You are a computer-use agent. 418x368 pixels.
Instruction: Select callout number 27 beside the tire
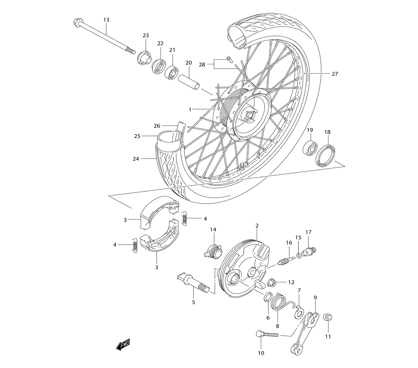(334, 74)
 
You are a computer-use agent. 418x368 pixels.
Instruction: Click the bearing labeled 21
(172, 72)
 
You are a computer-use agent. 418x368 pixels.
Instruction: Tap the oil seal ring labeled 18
(325, 155)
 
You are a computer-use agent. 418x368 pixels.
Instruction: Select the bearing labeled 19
(310, 148)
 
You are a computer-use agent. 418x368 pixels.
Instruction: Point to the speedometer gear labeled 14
(214, 248)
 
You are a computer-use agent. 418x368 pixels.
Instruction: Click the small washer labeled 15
(298, 255)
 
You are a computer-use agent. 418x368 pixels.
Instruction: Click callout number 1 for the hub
(190, 110)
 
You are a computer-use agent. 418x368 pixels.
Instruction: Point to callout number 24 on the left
(135, 158)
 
